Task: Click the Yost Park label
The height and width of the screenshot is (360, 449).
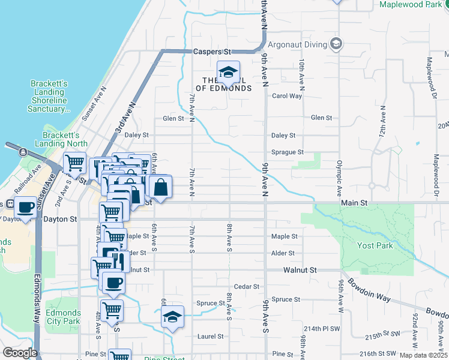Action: (375, 245)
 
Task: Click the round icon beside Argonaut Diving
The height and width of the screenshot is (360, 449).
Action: (336, 44)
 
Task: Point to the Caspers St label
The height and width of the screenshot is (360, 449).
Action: (212, 52)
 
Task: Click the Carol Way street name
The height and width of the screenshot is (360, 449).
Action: (287, 96)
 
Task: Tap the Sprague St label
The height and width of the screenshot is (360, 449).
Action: (288, 152)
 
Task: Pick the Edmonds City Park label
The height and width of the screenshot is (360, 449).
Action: (63, 317)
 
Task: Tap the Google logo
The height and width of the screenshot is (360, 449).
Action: (20, 353)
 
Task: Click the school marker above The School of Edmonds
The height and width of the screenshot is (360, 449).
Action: (228, 73)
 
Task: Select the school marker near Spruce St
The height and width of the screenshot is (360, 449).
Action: (172, 317)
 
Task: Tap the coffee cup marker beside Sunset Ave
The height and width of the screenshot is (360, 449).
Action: (25, 208)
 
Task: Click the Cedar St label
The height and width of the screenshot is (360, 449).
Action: (246, 287)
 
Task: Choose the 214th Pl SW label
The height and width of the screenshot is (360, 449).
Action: (322, 329)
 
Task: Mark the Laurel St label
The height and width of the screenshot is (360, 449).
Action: (211, 337)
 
